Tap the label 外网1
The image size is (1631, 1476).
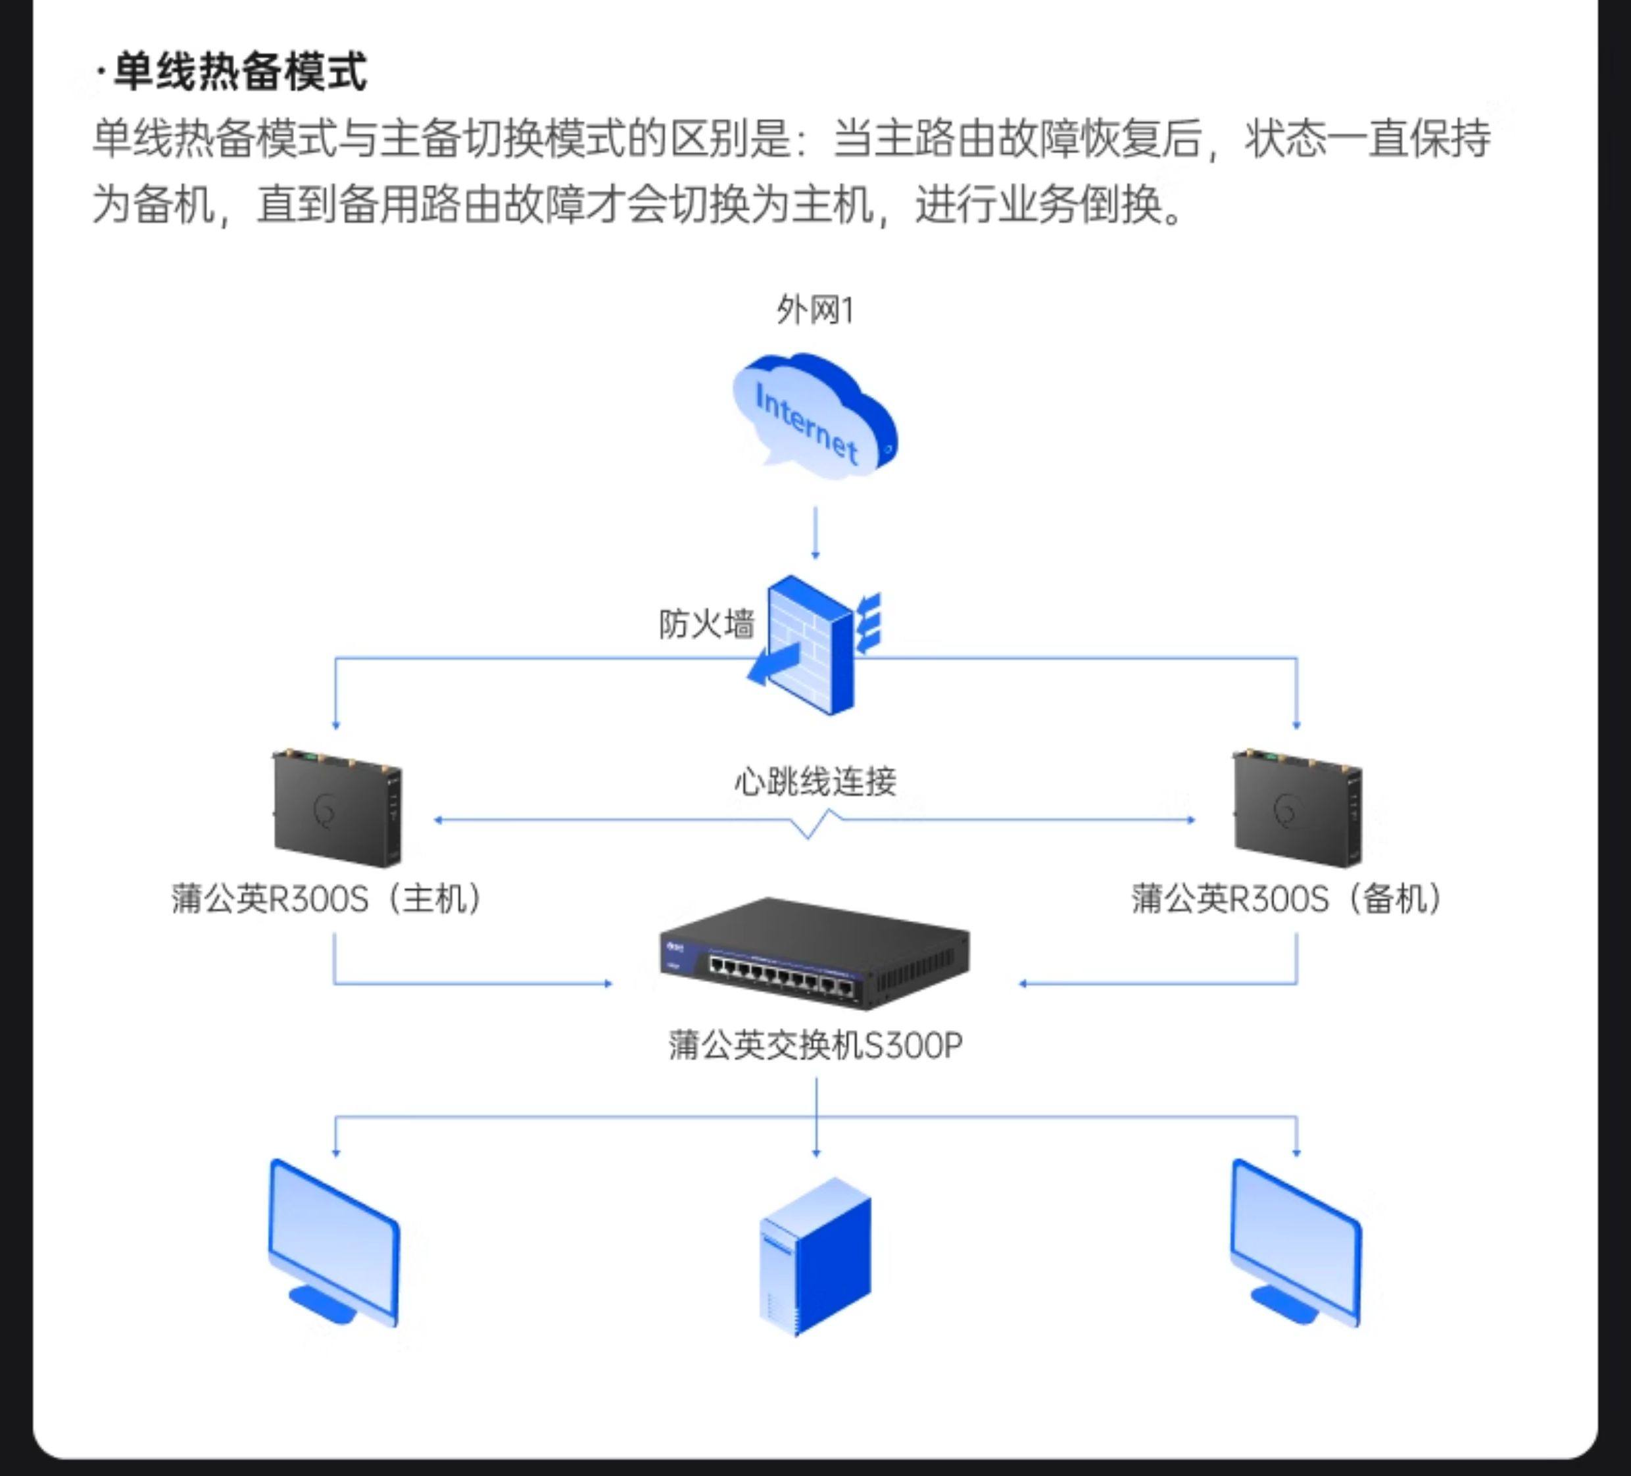tap(815, 310)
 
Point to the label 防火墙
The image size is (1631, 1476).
tap(706, 624)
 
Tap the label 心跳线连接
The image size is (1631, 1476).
tap(815, 781)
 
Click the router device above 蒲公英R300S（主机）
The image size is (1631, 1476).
tap(337, 808)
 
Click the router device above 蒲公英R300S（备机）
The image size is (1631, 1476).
tap(1297, 808)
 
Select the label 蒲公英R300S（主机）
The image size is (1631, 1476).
tap(327, 899)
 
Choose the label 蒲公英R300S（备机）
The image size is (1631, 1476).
tap(1287, 899)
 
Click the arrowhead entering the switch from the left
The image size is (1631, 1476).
tap(608, 984)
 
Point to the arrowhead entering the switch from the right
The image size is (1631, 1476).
tap(1023, 984)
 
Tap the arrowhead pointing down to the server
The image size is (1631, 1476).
tap(816, 1152)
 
